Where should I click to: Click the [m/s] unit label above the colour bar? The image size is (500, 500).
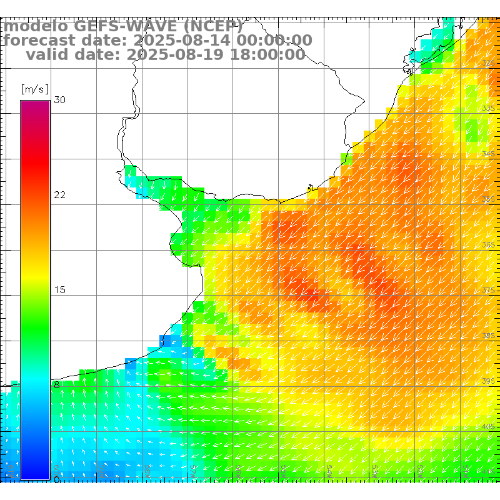(34, 89)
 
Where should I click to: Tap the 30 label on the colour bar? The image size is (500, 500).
(59, 100)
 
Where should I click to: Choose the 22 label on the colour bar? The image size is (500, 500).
(59, 195)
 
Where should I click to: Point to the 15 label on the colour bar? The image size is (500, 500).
(59, 290)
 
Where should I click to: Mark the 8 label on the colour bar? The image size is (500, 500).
(56, 385)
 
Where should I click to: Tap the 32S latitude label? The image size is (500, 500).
(488, 63)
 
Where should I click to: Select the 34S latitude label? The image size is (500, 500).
(488, 154)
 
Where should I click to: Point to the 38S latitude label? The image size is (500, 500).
(488, 336)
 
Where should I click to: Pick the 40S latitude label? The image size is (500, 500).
(488, 426)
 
